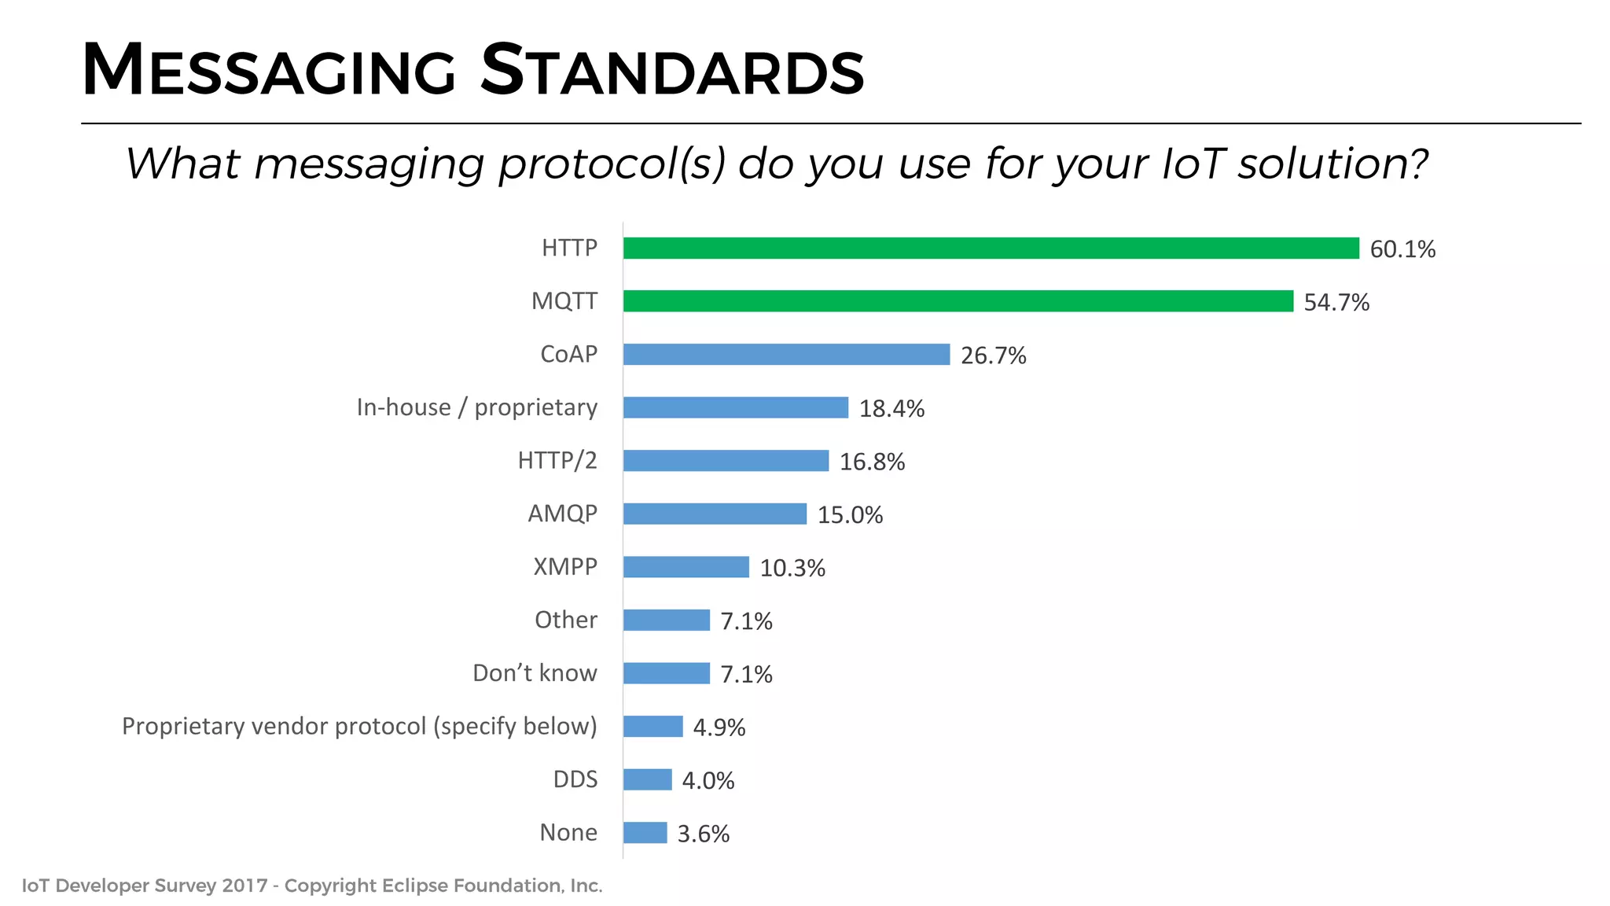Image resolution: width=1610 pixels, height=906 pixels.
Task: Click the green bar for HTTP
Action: pos(991,248)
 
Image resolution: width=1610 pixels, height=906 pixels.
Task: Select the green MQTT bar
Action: pos(958,301)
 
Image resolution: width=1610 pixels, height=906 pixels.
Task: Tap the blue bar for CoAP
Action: pos(786,355)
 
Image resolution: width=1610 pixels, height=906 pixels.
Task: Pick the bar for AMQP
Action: pos(715,514)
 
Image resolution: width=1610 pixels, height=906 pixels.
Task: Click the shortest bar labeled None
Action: pos(645,833)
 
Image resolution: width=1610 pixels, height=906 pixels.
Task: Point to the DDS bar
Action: pos(647,779)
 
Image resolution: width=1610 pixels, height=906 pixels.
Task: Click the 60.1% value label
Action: pos(1402,249)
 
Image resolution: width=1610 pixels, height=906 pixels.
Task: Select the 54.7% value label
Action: pos(1336,303)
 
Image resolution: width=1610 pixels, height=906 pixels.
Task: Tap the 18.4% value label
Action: pos(891,409)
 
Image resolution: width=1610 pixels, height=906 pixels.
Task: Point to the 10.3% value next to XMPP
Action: pos(792,569)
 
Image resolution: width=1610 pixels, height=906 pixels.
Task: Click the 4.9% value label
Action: pos(719,727)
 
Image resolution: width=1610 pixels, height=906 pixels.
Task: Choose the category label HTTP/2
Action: pos(557,460)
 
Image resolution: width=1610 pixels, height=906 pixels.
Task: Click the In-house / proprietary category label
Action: pos(476,407)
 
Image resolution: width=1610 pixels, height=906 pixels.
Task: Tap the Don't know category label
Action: pos(535,673)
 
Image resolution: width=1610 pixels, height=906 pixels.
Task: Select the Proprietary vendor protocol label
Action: pos(359,726)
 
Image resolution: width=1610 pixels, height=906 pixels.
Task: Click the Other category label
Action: pos(565,620)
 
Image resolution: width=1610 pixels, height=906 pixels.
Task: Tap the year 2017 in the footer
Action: pos(244,886)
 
